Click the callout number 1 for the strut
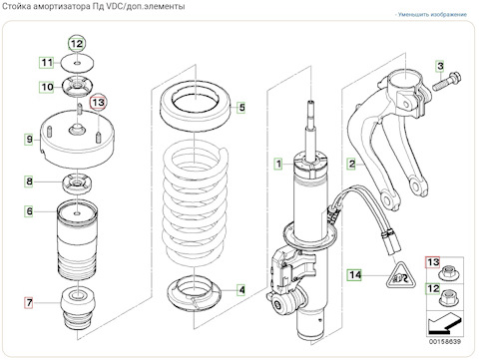(x=278, y=164)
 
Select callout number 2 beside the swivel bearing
(x=351, y=164)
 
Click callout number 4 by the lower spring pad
(x=241, y=290)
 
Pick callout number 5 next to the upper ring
(x=241, y=107)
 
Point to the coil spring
(x=196, y=202)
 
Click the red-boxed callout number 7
(x=29, y=303)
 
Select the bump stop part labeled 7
(x=78, y=309)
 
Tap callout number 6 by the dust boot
(x=29, y=211)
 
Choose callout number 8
(x=29, y=181)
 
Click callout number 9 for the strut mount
(x=29, y=139)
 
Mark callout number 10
(x=47, y=87)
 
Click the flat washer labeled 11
(x=78, y=63)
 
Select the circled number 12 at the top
(x=77, y=44)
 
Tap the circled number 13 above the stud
(x=99, y=102)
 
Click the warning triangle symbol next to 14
(x=401, y=275)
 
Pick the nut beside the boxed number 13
(x=447, y=273)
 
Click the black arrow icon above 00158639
(x=445, y=323)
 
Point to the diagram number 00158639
(x=445, y=341)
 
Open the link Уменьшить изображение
(x=431, y=15)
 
